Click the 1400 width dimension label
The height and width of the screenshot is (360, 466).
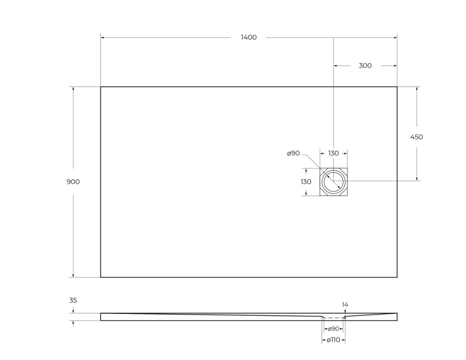[x=249, y=37]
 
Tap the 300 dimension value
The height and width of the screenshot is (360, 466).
[x=365, y=66]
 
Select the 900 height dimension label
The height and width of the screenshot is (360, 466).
[x=73, y=182]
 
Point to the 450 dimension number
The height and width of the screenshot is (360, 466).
[x=417, y=137]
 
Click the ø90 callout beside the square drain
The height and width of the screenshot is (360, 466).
[x=293, y=153]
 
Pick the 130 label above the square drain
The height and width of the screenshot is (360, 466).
[x=333, y=153]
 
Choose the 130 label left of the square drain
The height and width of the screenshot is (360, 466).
[x=306, y=182]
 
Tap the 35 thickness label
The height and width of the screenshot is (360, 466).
[x=73, y=300]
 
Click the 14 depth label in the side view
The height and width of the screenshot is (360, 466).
[x=345, y=305]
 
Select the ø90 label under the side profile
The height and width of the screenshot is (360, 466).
[x=333, y=329]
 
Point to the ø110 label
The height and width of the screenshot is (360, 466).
[x=333, y=340]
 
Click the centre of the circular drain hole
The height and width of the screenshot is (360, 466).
[x=333, y=182]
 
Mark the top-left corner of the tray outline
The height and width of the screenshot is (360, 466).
[x=100, y=87]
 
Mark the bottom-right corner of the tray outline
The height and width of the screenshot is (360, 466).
[x=397, y=277]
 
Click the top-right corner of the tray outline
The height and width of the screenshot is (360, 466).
[x=397, y=87]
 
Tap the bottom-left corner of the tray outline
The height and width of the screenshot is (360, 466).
[x=100, y=277]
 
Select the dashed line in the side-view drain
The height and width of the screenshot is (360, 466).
[x=333, y=318]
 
